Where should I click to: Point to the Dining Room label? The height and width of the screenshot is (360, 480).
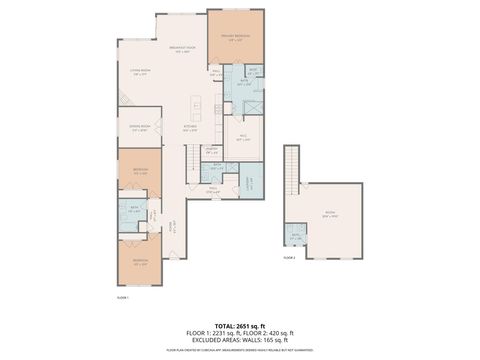(139, 127)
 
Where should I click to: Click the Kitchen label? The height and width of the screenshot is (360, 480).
(189, 127)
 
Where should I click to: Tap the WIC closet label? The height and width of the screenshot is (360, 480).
(242, 138)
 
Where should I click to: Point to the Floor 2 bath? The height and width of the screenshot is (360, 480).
(295, 236)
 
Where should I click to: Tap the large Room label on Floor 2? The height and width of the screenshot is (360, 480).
(330, 213)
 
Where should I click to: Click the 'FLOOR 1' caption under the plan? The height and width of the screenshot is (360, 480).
(124, 296)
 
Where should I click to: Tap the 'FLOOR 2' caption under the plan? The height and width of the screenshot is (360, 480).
(289, 258)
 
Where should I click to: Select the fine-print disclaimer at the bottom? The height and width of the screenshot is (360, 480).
(239, 350)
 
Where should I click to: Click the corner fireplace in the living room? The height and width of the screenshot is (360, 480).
(124, 99)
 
